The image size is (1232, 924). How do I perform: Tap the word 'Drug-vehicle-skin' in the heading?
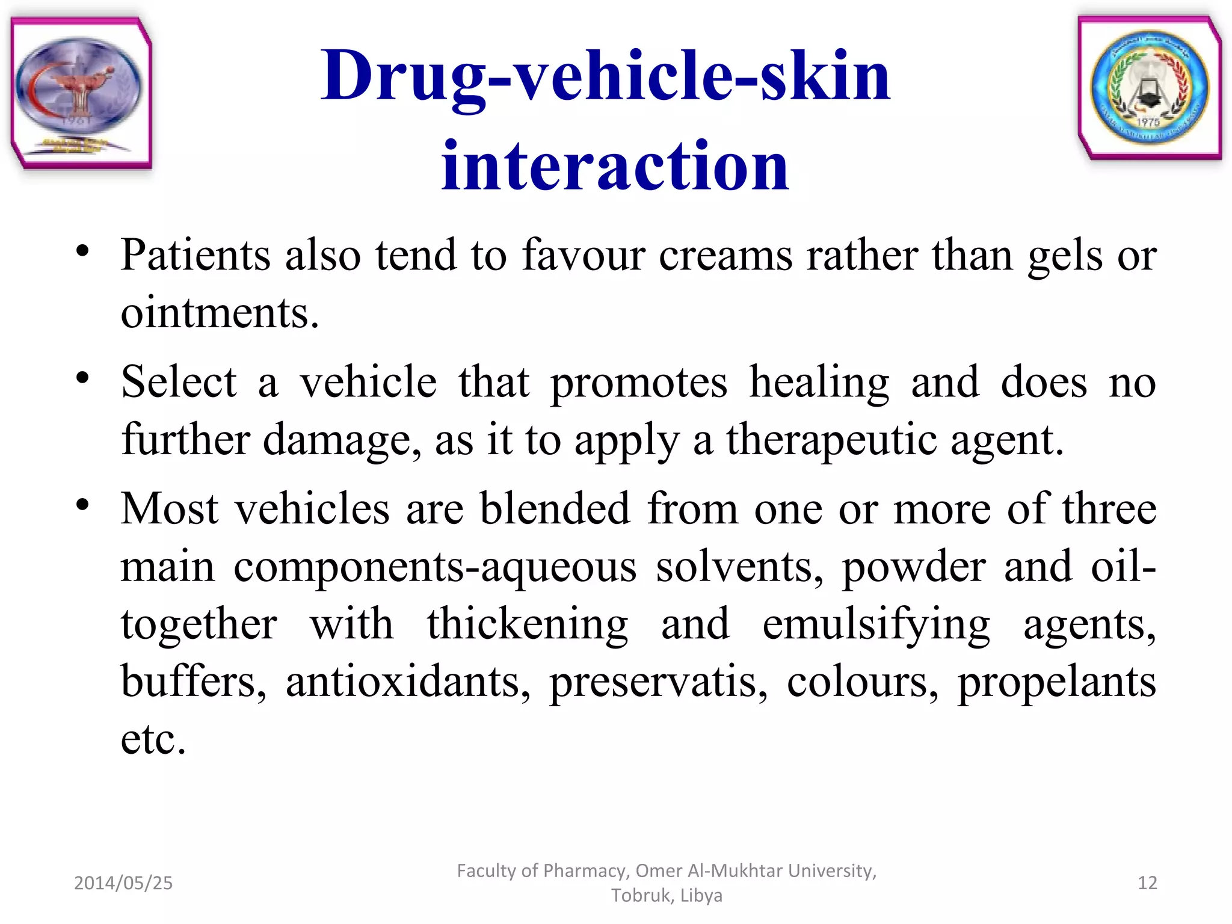pos(605,76)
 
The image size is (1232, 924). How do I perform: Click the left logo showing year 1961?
pos(81,93)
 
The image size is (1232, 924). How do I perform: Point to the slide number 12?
pos(1147,882)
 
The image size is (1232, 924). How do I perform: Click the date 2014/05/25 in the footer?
pos(123,882)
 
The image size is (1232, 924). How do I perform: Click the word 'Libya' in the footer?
pos(701,895)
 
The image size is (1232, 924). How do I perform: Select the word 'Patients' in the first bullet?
pos(196,255)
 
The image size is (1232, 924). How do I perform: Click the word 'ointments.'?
pos(220,313)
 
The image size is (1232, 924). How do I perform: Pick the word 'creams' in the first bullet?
pos(725,255)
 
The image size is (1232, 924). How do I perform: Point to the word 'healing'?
pos(819,383)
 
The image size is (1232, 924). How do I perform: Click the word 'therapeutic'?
pos(831,440)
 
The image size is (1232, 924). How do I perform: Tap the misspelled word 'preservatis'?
pos(658,682)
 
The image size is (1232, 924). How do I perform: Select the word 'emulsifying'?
pos(876,624)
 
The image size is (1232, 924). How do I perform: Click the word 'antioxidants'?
pos(408,682)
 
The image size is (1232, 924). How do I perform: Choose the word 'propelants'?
pos(1056,682)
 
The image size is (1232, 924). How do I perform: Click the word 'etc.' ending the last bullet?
pos(153,739)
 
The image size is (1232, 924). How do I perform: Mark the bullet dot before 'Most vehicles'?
pos(82,504)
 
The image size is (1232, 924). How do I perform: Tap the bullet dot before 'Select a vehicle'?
pos(82,378)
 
